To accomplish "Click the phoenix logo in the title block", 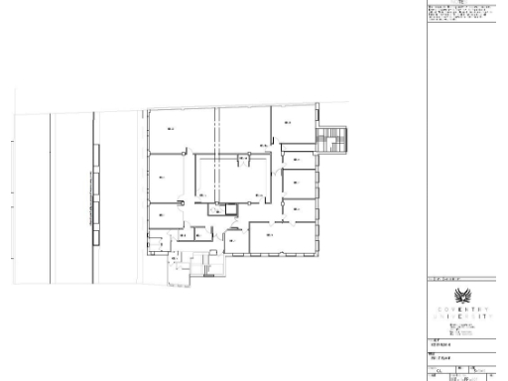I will point(462,297).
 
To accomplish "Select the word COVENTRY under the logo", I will point(462,310).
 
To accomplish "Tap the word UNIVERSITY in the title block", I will point(462,317).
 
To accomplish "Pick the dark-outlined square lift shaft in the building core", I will point(232,208).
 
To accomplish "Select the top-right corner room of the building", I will point(288,127).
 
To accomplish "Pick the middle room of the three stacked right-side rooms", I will point(298,183).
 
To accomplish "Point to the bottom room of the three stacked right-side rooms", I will point(298,208).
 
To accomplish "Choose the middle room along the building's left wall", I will point(165,179).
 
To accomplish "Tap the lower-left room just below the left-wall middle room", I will point(162,216).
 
